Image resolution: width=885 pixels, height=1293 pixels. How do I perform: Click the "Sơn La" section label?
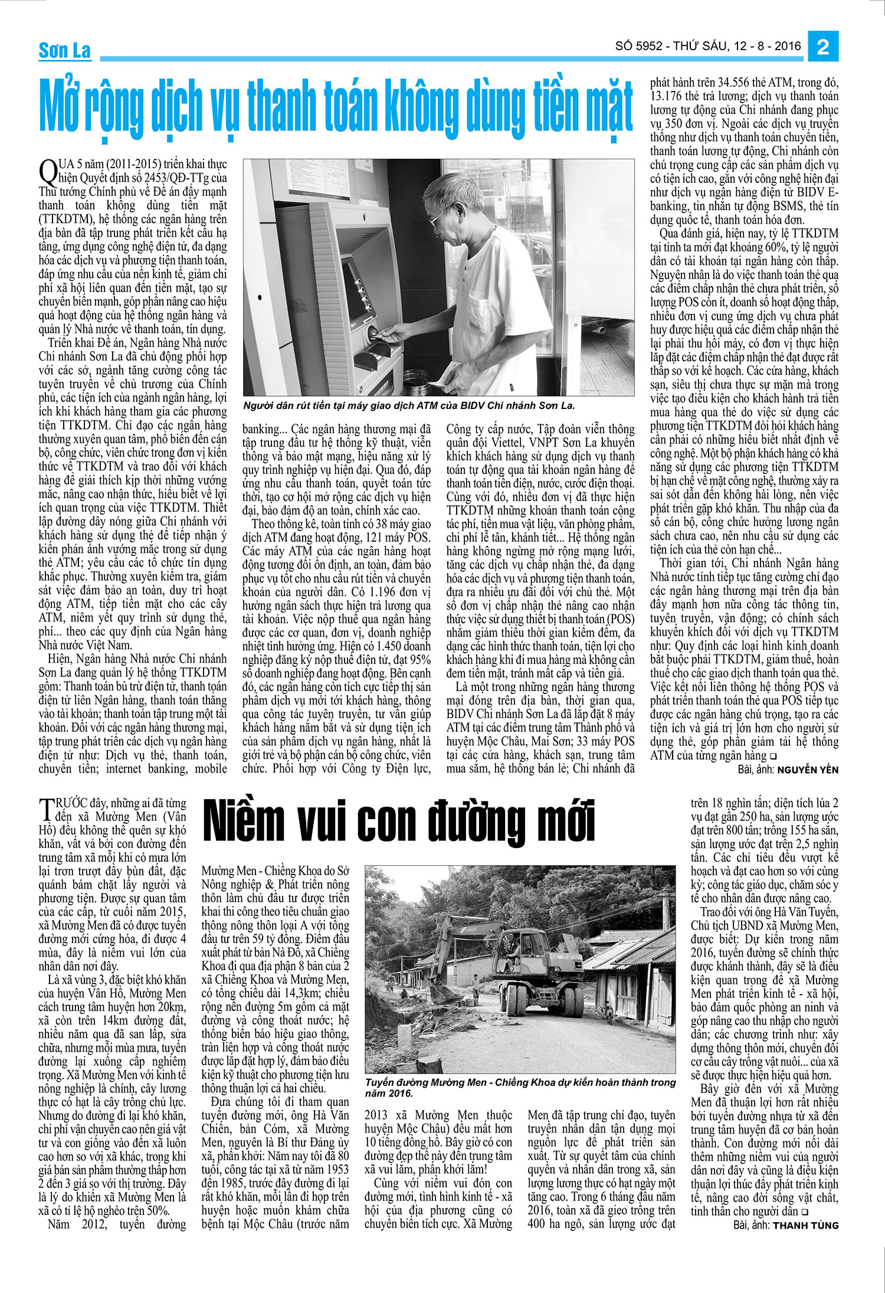[x=64, y=51]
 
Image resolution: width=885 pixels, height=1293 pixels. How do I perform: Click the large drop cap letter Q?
[x=48, y=171]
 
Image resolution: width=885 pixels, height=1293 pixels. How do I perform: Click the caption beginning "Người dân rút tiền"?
[x=408, y=405]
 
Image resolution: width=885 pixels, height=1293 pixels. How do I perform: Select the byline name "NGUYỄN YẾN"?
[x=807, y=770]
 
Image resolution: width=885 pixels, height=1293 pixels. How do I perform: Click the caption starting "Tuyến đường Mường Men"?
[x=519, y=1087]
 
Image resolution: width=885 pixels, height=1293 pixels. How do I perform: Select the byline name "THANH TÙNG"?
[x=805, y=1225]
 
